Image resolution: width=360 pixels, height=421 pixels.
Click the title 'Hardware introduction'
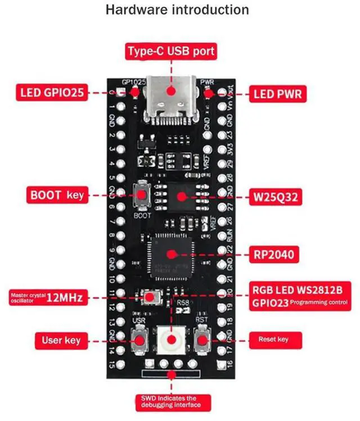(x=177, y=10)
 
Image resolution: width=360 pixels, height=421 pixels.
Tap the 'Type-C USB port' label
(x=171, y=52)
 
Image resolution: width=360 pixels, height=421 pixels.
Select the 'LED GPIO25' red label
(x=52, y=93)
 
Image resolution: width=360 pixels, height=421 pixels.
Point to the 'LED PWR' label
(x=278, y=94)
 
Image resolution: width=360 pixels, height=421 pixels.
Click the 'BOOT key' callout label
(x=56, y=196)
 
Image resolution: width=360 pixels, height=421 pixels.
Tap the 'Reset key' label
(x=273, y=339)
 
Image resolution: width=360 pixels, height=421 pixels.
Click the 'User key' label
(x=61, y=340)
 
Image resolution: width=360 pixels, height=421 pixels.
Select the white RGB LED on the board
(x=171, y=340)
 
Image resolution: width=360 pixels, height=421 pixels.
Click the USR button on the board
(x=139, y=339)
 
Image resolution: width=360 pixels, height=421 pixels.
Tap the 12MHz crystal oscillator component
(x=150, y=297)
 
